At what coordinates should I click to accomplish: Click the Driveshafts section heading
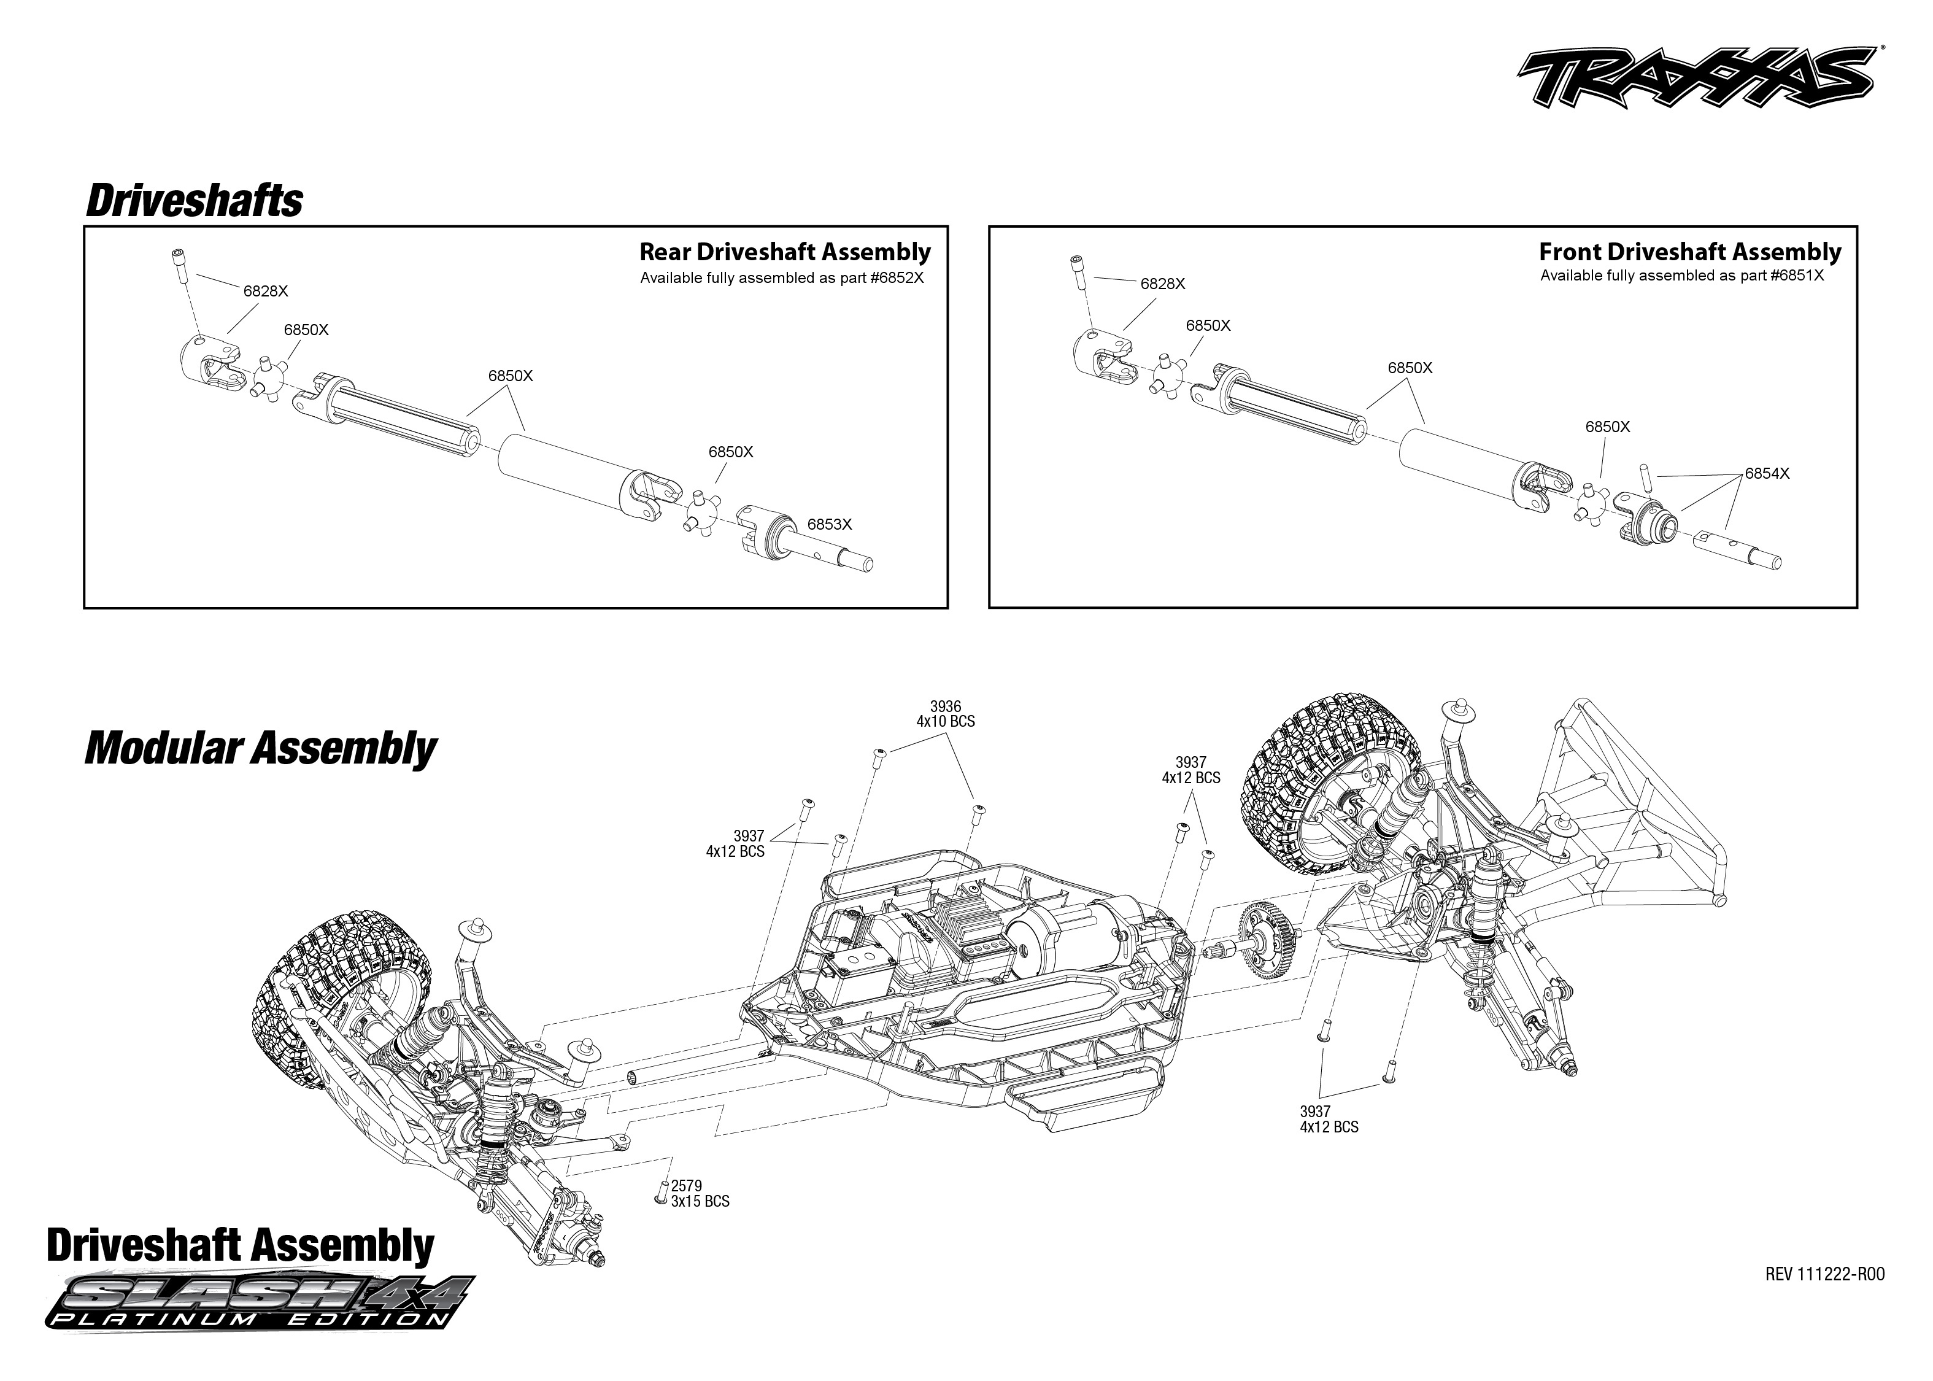(194, 201)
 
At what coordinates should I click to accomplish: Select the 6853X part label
(829, 525)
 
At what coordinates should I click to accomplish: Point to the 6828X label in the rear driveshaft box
(265, 291)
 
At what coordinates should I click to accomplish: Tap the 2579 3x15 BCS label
(699, 1194)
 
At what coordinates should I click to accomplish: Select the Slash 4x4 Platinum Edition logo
(259, 1302)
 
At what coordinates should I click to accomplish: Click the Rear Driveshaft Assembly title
(785, 252)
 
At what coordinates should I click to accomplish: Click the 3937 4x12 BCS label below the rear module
(1329, 1119)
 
